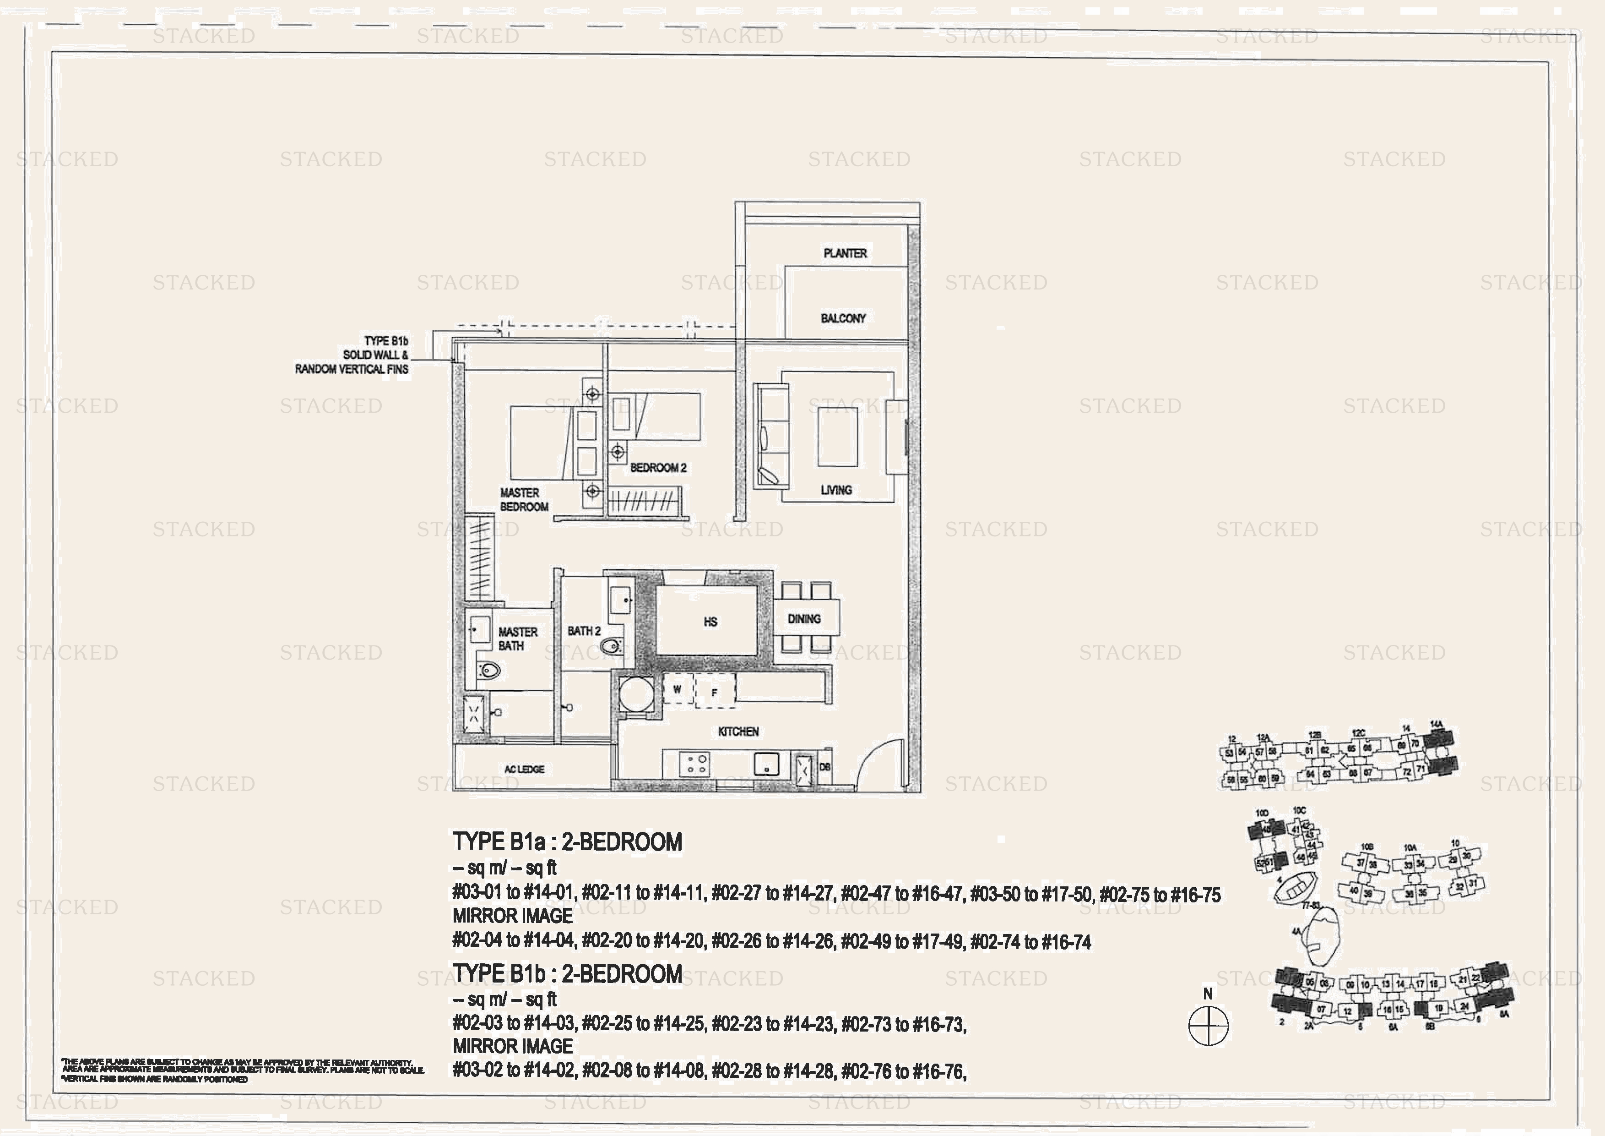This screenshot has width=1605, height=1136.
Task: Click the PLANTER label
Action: click(845, 253)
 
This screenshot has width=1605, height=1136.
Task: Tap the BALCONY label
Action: click(843, 318)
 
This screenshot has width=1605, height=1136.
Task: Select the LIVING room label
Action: click(836, 490)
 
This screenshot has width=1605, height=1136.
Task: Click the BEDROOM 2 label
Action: click(658, 467)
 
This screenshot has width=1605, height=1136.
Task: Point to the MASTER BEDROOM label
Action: click(524, 499)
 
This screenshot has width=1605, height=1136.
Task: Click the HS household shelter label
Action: click(710, 621)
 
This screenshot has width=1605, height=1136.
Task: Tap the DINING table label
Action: click(804, 618)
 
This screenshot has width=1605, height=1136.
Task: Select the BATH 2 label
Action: click(584, 630)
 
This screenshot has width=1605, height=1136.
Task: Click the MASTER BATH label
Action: click(517, 638)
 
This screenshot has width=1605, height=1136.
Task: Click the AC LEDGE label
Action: click(524, 769)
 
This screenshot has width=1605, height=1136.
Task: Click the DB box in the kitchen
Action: click(825, 767)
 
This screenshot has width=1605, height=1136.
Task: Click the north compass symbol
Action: click(1208, 1026)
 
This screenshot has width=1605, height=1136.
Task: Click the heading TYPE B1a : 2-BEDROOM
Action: click(567, 841)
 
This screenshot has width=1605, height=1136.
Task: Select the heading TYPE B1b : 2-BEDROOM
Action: click(567, 974)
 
